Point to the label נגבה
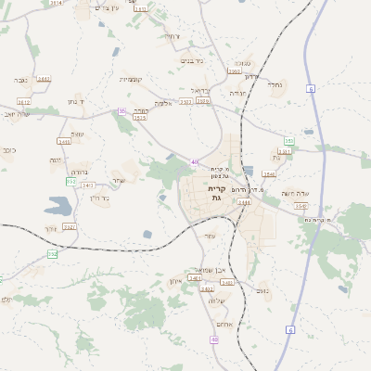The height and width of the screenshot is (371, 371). tap(19, 81)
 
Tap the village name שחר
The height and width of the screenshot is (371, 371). tap(118, 180)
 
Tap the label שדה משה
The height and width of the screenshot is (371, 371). tap(294, 193)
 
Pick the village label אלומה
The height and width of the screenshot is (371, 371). tap(163, 103)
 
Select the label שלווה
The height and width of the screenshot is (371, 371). tap(217, 301)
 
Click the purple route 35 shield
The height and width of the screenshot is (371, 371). tap(122, 111)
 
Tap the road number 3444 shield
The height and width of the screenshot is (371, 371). tap(244, 201)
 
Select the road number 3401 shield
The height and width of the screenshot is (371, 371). tap(65, 142)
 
